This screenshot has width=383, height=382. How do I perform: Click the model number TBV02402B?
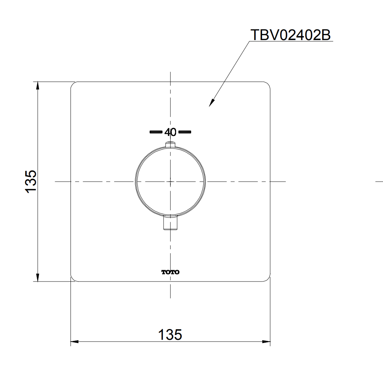[290, 35]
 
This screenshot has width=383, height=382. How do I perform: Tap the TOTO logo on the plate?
[170, 272]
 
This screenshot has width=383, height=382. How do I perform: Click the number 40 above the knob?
[170, 132]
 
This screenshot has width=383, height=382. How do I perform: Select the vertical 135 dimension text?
[31, 182]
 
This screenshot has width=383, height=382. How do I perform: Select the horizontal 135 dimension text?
[170, 334]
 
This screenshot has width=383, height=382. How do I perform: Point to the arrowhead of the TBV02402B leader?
[211, 103]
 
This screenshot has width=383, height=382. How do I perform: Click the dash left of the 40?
[156, 132]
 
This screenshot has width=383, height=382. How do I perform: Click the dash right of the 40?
[185, 132]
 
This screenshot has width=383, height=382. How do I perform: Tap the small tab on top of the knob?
[170, 145]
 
